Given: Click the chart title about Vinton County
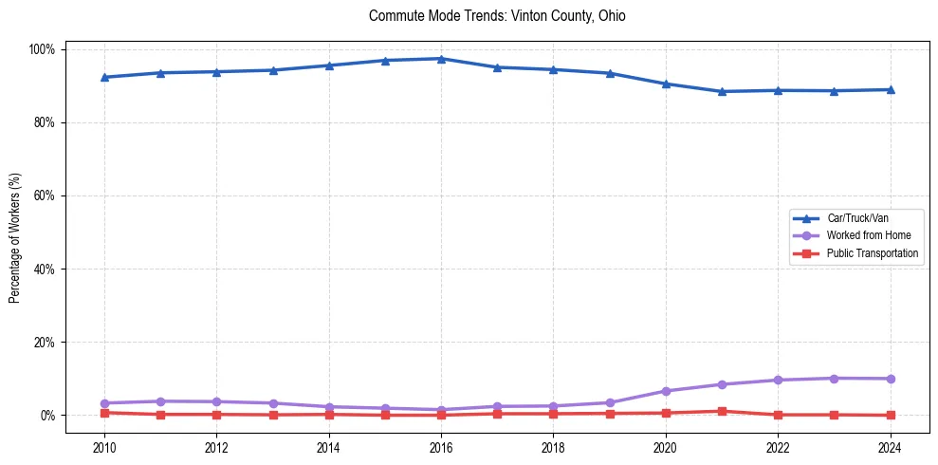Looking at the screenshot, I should (497, 16).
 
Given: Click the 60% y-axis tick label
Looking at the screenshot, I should (45, 195).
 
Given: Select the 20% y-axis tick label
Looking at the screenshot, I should (45, 342).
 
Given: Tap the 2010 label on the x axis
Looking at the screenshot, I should (104, 447).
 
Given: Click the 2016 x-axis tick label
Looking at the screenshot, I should (442, 447).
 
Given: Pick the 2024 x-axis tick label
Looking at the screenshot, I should (890, 447).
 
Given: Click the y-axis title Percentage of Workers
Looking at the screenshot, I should (15, 232).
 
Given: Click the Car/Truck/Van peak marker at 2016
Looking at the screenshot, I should (442, 59).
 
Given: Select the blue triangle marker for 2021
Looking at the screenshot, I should (722, 91).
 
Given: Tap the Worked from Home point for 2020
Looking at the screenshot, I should (666, 391).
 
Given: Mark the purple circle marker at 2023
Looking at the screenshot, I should (834, 379).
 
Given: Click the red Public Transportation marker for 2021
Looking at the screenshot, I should (722, 411).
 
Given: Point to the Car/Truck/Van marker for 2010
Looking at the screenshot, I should (104, 77).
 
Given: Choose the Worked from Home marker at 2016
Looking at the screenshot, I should (442, 410).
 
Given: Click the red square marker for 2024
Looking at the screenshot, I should (890, 415).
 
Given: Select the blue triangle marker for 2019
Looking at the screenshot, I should (610, 73).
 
